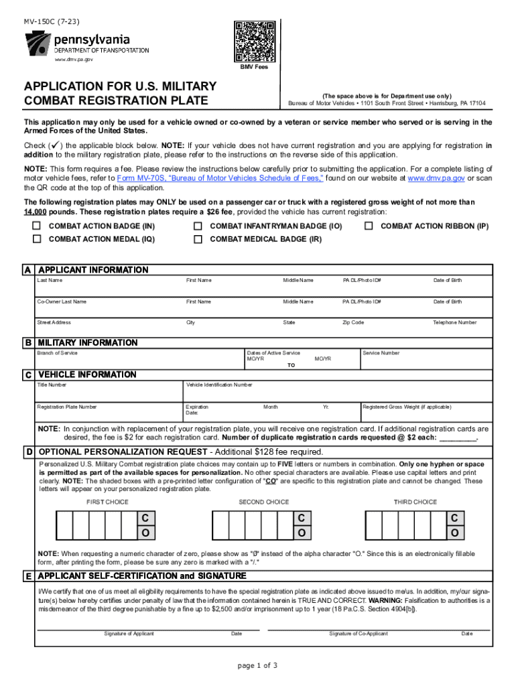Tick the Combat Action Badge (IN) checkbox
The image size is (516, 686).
coord(38,226)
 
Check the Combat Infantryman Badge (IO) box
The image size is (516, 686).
coord(198,226)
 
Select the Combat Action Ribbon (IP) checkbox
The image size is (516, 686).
coord(369,226)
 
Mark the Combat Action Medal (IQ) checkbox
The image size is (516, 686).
coord(38,238)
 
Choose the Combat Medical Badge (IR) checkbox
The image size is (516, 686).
coord(198,238)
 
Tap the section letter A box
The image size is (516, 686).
coord(27,271)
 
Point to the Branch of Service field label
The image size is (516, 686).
coord(57,353)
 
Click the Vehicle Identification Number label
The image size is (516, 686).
coord(219,385)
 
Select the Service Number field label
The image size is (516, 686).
coord(381,353)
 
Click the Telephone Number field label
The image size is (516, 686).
coord(455,322)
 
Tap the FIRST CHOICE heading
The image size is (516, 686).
coord(107,502)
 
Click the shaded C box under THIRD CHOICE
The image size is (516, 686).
coord(454,518)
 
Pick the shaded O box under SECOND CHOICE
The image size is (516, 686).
coord(302,533)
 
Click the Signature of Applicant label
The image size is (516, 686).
coord(129,634)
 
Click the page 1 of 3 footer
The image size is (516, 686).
coord(257,665)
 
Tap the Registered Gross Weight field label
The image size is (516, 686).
coord(407,407)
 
